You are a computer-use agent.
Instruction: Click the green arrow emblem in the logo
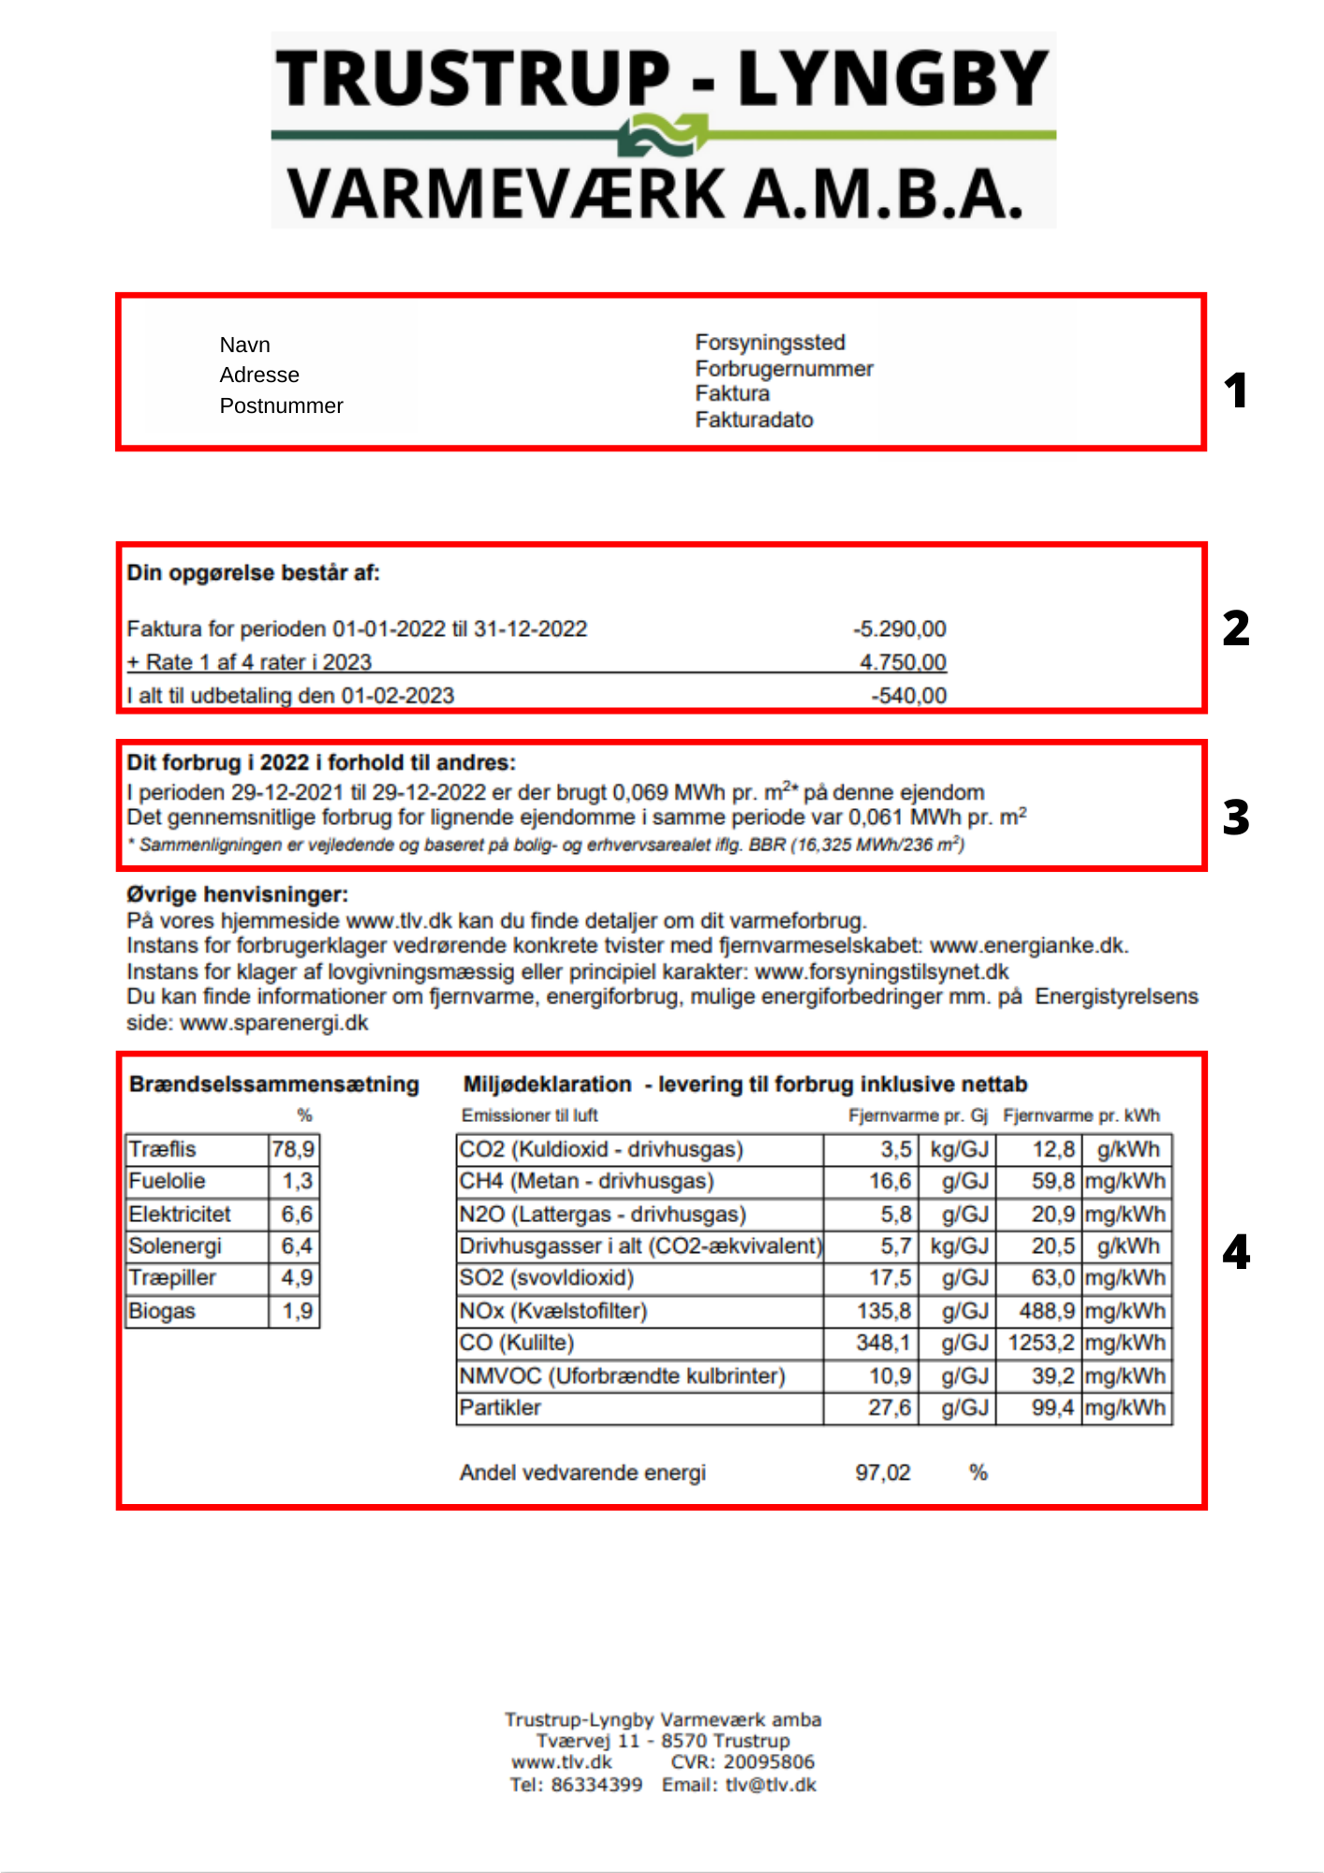pyautogui.click(x=663, y=135)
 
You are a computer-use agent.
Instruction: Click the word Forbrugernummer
pyautogui.click(x=784, y=369)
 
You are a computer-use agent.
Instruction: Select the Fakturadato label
pyautogui.click(x=754, y=420)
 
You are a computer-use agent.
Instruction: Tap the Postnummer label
pyautogui.click(x=281, y=406)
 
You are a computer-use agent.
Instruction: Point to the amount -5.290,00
pyautogui.click(x=900, y=628)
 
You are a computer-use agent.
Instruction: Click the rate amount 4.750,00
pyautogui.click(x=903, y=662)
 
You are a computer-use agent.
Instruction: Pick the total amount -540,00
pyautogui.click(x=908, y=696)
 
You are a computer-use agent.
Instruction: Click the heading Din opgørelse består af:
pyautogui.click(x=254, y=573)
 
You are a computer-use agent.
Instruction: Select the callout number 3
pyautogui.click(x=1236, y=818)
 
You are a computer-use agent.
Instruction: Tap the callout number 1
pyautogui.click(x=1236, y=391)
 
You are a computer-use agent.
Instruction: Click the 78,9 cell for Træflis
pyautogui.click(x=293, y=1149)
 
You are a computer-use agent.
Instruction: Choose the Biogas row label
pyautogui.click(x=162, y=1311)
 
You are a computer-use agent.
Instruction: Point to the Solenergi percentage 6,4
pyautogui.click(x=297, y=1246)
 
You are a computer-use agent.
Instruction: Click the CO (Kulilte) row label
pyautogui.click(x=516, y=1343)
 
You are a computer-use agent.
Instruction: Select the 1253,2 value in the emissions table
pyautogui.click(x=1040, y=1343)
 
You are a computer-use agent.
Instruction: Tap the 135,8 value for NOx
pyautogui.click(x=883, y=1311)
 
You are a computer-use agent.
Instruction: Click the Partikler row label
pyautogui.click(x=500, y=1408)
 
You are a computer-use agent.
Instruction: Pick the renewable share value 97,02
pyautogui.click(x=882, y=1473)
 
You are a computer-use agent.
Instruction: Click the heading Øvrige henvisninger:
pyautogui.click(x=237, y=894)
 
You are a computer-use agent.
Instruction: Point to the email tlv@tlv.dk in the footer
pyautogui.click(x=771, y=1785)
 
